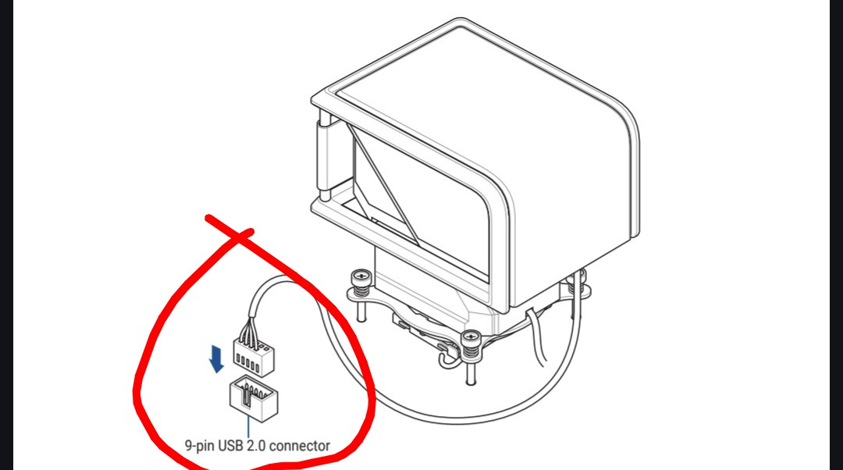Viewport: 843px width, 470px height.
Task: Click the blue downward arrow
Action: click(x=216, y=359)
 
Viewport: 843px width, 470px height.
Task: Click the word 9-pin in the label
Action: click(x=199, y=446)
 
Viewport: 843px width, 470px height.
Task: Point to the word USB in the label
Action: click(x=230, y=445)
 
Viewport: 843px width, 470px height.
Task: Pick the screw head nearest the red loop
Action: click(x=360, y=278)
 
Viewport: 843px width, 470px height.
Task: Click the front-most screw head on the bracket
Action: click(x=471, y=337)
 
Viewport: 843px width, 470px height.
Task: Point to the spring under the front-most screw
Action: click(x=471, y=351)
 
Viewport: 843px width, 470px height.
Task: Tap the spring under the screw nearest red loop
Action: click(x=360, y=291)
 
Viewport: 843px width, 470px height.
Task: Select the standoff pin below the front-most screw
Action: click(x=471, y=371)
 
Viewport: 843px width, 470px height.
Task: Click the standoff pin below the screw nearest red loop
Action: click(x=360, y=310)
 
